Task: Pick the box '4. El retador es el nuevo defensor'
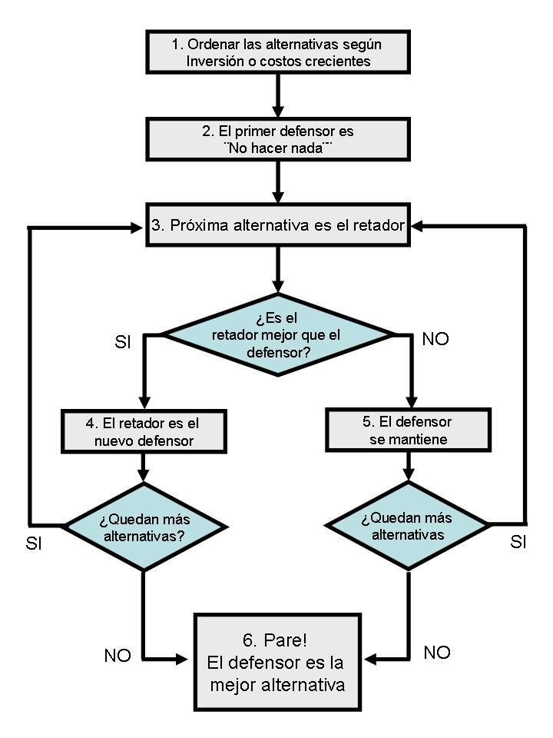click(144, 431)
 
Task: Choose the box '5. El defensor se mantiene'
click(406, 431)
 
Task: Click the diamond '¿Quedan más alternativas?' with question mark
click(144, 527)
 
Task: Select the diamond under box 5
click(407, 526)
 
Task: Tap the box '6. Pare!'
click(276, 662)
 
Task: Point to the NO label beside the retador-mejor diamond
click(435, 339)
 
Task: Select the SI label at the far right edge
click(518, 543)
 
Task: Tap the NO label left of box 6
click(118, 656)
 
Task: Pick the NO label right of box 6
click(437, 653)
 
